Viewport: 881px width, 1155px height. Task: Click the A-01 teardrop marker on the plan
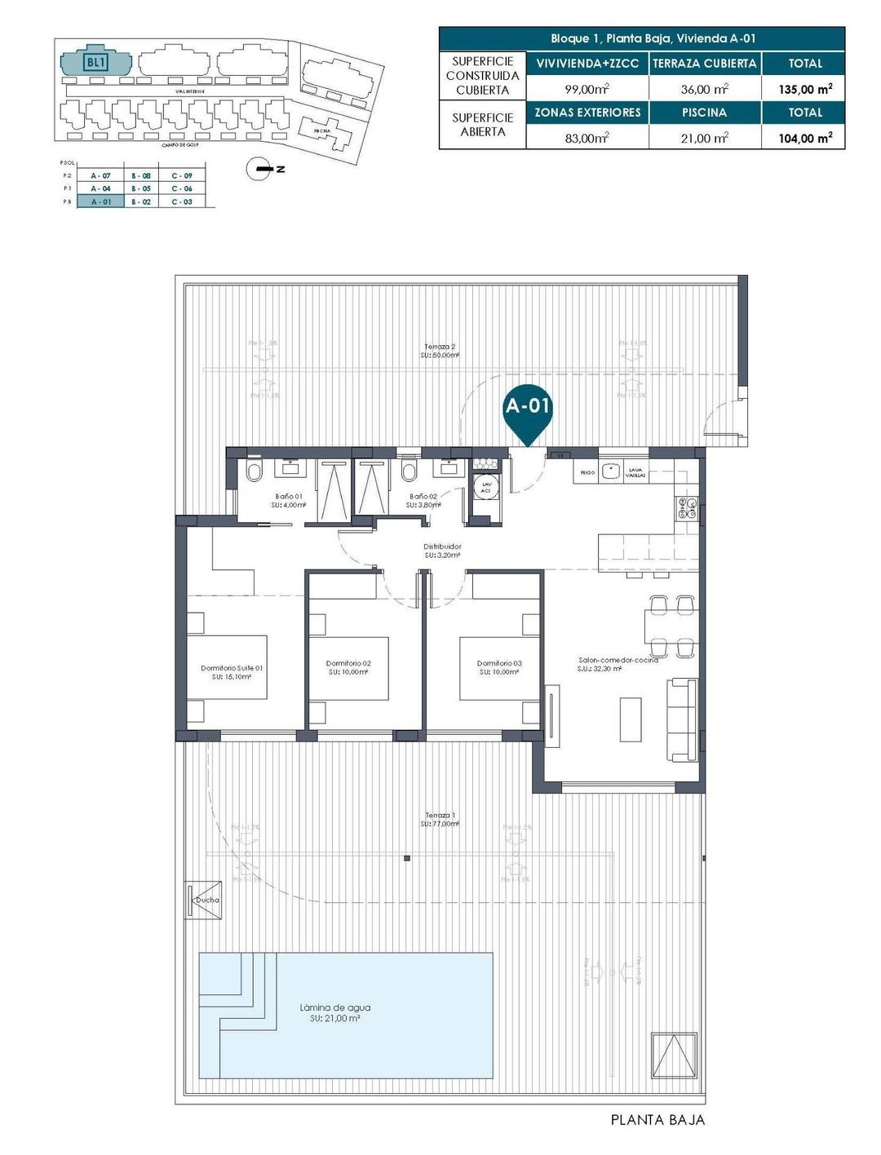click(528, 410)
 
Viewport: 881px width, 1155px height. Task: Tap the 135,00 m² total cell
click(804, 89)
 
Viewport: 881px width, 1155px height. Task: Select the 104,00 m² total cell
click(804, 138)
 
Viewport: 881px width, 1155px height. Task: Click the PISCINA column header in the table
click(705, 113)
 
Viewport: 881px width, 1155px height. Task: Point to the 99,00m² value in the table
click(587, 89)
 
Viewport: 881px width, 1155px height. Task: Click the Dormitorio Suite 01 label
click(232, 672)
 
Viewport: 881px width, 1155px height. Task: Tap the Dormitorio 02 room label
click(348, 667)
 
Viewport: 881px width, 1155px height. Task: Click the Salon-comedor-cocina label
click(618, 664)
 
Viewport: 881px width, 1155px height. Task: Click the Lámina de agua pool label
click(334, 1012)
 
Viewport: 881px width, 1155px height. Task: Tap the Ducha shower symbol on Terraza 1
click(204, 900)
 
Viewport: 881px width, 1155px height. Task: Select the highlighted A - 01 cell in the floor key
click(100, 201)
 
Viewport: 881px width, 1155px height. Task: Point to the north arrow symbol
click(261, 169)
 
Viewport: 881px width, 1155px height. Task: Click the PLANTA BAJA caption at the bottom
click(657, 1120)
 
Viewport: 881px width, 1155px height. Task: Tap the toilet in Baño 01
click(252, 472)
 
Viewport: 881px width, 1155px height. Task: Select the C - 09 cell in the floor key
click(182, 175)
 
